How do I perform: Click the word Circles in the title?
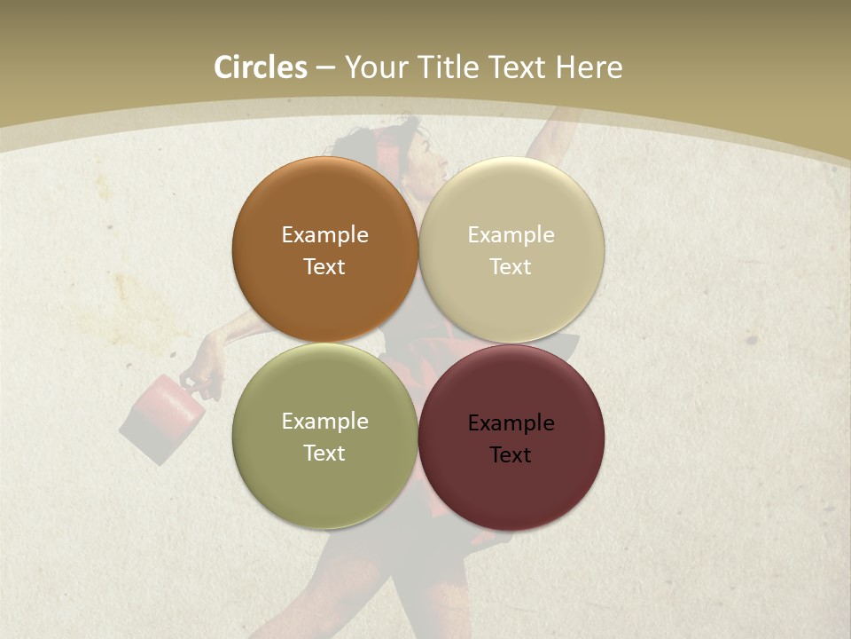pyautogui.click(x=260, y=67)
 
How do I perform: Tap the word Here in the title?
pyautogui.click(x=589, y=67)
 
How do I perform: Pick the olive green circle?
pyautogui.click(x=324, y=484)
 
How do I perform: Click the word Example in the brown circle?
pyautogui.click(x=324, y=235)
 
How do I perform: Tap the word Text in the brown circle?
pyautogui.click(x=324, y=267)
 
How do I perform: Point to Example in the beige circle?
pyautogui.click(x=511, y=235)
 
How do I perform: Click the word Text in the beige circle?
pyautogui.click(x=511, y=267)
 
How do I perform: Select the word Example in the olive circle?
pyautogui.click(x=324, y=422)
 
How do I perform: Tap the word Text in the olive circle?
pyautogui.click(x=324, y=454)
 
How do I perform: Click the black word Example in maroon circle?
pyautogui.click(x=511, y=423)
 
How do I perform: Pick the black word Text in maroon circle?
pyautogui.click(x=511, y=455)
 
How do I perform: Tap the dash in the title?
pyautogui.click(x=325, y=68)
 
